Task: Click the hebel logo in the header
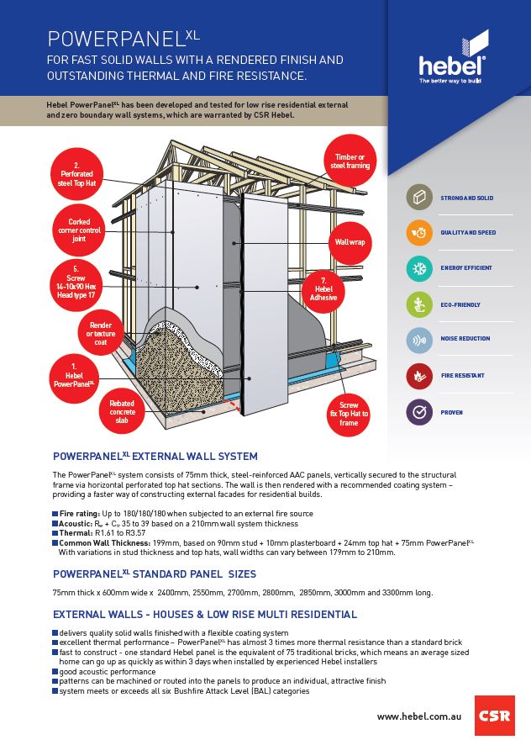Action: pyautogui.click(x=453, y=59)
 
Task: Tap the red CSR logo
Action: pyautogui.click(x=494, y=716)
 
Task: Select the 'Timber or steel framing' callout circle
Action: pyautogui.click(x=350, y=161)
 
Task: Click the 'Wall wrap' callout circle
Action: pyautogui.click(x=350, y=241)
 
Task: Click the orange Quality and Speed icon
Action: pyautogui.click(x=418, y=232)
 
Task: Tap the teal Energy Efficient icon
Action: pyautogui.click(x=418, y=268)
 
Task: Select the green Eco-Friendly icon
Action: pyautogui.click(x=418, y=304)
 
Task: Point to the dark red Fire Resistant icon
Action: pyautogui.click(x=418, y=376)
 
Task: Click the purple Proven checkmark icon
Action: pyautogui.click(x=418, y=412)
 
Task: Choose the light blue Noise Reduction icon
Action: pyautogui.click(x=418, y=340)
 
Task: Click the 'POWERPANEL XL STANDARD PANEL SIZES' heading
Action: pyautogui.click(x=155, y=574)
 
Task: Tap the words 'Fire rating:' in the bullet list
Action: pyautogui.click(x=80, y=513)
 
